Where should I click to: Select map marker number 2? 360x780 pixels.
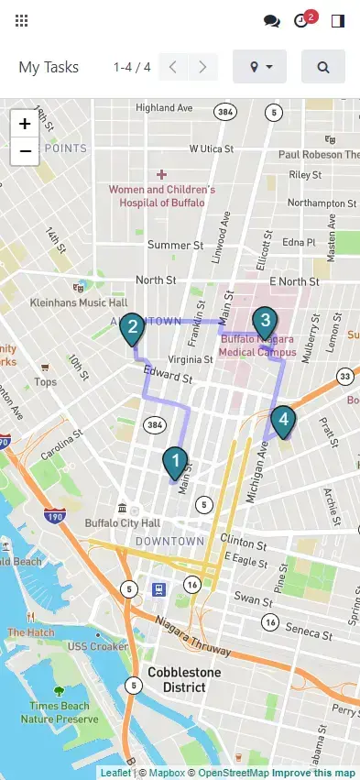point(133,328)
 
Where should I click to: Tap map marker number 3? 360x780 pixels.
point(264,322)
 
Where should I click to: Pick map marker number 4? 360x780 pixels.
point(284,421)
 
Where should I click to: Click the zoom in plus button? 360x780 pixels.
point(25,124)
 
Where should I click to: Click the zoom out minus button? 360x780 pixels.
point(25,151)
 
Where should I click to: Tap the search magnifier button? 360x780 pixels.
point(323,67)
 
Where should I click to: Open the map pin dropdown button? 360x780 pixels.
point(260,67)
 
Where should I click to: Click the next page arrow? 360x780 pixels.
point(203,67)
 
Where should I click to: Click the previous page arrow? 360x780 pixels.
point(173,67)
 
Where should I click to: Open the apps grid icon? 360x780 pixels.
point(21,20)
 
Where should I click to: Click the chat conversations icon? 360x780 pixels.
point(271,20)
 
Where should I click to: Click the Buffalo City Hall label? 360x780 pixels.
point(122,522)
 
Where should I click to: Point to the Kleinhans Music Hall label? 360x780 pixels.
point(79,302)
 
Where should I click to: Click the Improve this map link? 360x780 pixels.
point(313,773)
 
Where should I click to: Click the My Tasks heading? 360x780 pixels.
point(49,67)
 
